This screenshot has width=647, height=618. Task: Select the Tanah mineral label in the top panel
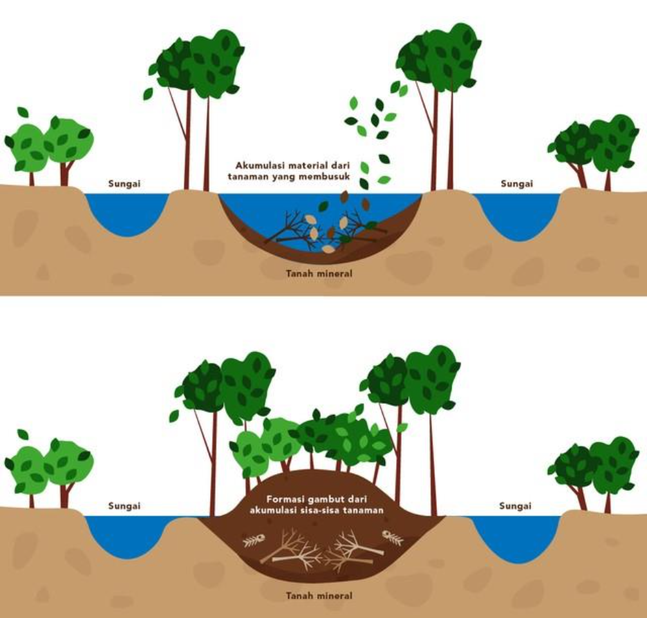[x=319, y=274]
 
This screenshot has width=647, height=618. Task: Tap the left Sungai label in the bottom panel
[x=124, y=506]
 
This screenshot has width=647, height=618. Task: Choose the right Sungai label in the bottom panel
[x=516, y=506]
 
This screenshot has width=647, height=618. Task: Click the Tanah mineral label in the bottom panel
[x=319, y=595]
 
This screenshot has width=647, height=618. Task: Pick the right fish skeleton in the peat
[x=392, y=536]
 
